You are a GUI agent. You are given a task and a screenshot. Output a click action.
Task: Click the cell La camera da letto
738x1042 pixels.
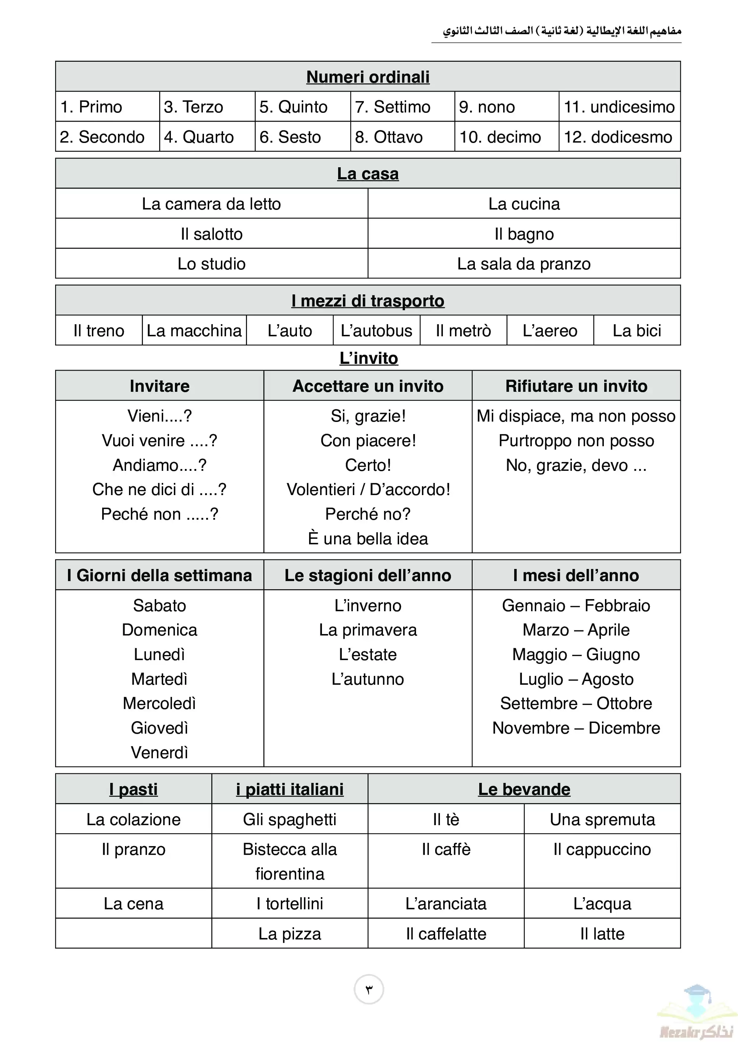click(211, 204)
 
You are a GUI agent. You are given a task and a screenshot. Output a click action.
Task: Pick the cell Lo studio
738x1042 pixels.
click(211, 264)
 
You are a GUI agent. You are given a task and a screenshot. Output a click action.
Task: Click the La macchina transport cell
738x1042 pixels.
click(194, 330)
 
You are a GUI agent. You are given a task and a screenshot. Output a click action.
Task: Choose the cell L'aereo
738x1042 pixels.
click(550, 330)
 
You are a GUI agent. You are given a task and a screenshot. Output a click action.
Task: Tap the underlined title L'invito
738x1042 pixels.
click(369, 358)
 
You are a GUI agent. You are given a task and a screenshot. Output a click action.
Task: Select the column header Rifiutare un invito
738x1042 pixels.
click(576, 386)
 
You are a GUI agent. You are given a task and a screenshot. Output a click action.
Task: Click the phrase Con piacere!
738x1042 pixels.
click(368, 440)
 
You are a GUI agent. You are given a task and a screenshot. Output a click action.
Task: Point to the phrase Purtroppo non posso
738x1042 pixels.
click(576, 440)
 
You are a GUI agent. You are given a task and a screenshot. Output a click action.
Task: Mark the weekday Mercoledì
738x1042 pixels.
click(160, 703)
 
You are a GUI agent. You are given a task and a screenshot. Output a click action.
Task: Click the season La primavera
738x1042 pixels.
click(368, 630)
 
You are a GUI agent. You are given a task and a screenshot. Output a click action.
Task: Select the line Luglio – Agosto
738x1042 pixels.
click(576, 679)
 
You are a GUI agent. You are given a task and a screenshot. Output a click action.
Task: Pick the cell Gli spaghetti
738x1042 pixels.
click(290, 819)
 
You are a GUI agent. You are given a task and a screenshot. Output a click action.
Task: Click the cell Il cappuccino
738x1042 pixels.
click(602, 849)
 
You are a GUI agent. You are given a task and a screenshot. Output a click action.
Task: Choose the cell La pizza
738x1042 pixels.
click(290, 934)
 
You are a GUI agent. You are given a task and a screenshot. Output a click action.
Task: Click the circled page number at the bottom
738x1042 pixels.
click(369, 989)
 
